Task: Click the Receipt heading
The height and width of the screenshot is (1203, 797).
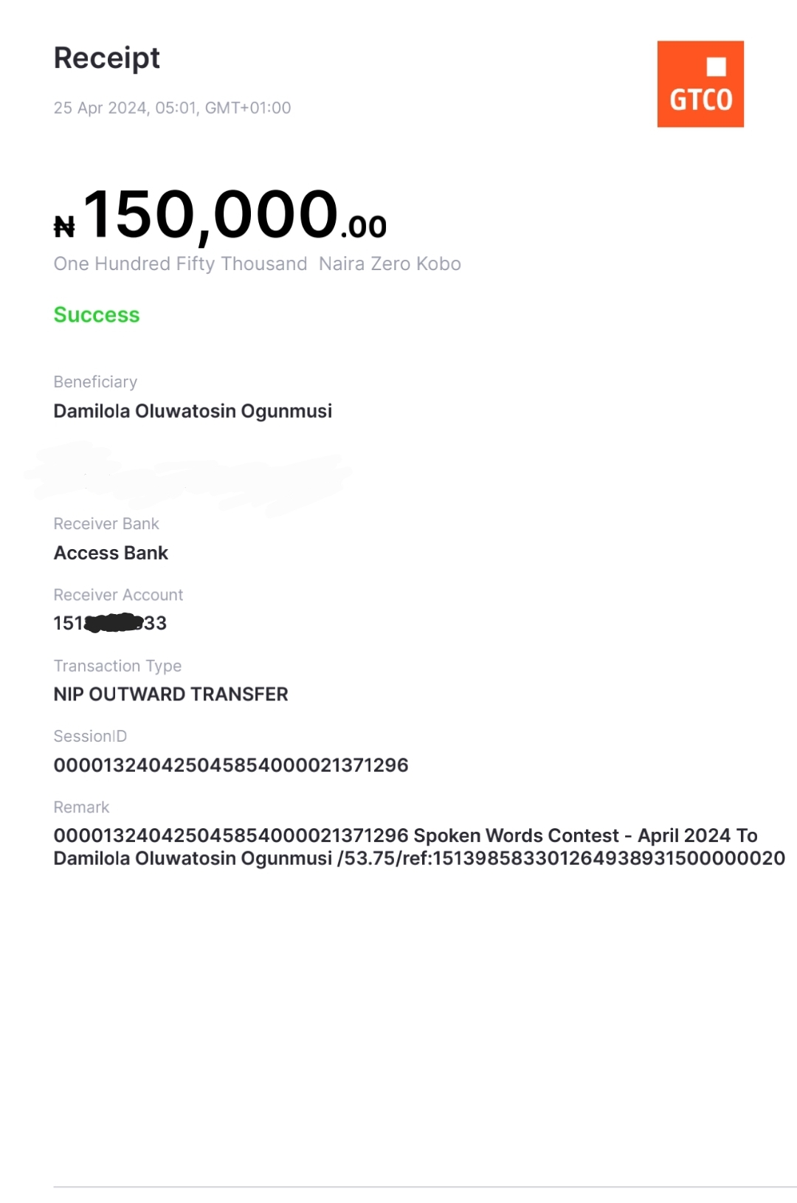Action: point(107,58)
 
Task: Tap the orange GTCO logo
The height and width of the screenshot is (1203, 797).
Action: point(700,84)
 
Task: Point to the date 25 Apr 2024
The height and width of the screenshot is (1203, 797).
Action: point(100,108)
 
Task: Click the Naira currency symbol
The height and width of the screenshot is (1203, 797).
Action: point(64,227)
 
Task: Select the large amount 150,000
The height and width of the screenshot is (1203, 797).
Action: point(211,215)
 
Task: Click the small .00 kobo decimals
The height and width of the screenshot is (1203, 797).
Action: point(364,227)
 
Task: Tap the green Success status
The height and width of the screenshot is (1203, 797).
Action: point(97,315)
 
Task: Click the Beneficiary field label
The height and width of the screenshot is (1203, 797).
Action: point(95,382)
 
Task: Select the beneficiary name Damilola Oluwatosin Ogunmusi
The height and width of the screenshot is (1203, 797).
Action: point(193,411)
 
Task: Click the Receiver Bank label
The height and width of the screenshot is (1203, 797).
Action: point(106,524)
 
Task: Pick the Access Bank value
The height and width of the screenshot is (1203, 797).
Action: point(111,553)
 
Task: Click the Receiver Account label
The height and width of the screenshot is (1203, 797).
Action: point(118,595)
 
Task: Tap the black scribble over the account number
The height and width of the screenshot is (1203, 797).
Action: point(114,624)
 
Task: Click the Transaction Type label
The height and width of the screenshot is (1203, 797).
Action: point(117,666)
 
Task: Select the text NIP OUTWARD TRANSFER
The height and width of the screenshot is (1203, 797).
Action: point(170,694)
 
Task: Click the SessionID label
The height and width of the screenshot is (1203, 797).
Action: point(90,737)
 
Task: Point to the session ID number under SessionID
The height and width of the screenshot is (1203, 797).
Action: point(231,765)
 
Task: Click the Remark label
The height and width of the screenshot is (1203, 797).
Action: point(81,807)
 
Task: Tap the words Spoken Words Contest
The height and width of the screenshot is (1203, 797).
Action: point(516,835)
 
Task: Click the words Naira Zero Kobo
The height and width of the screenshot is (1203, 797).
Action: point(390,264)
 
